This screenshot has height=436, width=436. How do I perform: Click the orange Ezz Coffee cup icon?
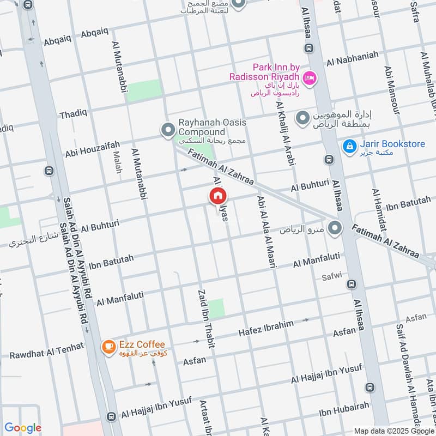tap(109, 346)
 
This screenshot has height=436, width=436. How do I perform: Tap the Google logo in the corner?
tap(23, 428)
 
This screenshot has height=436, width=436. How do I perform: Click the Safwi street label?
tap(330, 275)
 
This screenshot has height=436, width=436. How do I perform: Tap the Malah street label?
tap(118, 162)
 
